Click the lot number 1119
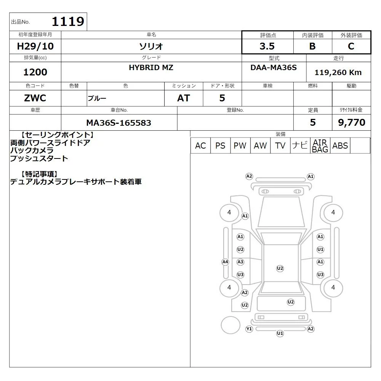(68, 21)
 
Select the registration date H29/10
(35, 46)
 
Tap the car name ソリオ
(151, 46)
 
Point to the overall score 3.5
(267, 46)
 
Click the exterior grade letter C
(351, 46)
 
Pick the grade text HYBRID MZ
(151, 67)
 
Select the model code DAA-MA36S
(274, 67)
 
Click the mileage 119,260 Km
(338, 72)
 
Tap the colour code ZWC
(35, 98)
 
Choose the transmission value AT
(184, 98)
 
